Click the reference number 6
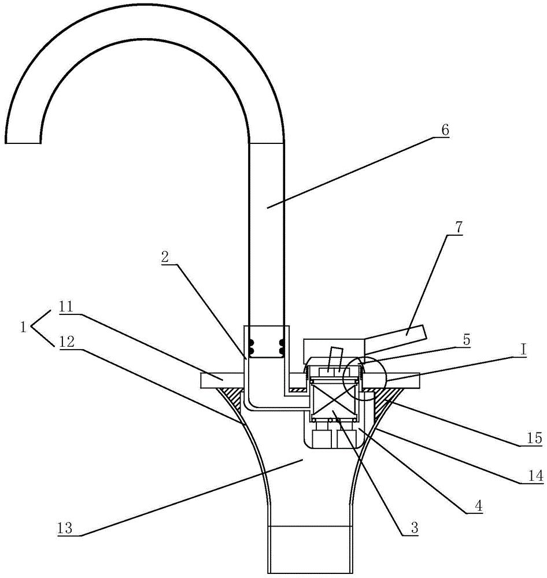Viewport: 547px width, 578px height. (445, 130)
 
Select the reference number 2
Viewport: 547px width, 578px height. (165, 257)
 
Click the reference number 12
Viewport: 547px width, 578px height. (66, 342)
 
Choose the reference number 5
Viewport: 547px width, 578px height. (467, 340)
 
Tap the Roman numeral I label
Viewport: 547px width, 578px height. (523, 349)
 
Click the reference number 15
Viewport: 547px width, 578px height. (535, 438)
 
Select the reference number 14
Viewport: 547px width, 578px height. (535, 476)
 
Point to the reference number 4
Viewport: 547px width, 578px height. (478, 506)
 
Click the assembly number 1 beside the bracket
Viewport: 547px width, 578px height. (23, 327)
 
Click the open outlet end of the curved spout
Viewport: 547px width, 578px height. (23, 143)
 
